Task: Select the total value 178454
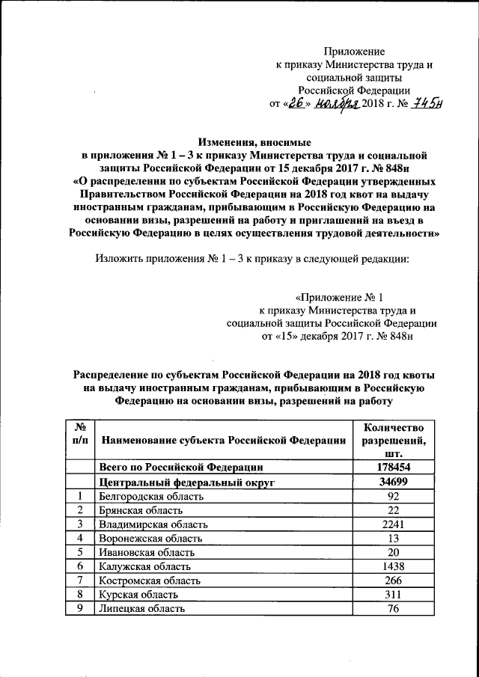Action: [394, 468]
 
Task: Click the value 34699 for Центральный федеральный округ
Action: [394, 483]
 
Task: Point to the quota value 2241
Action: [394, 524]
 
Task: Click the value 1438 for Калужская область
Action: [394, 566]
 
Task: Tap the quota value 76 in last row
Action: [394, 608]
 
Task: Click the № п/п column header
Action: [81, 433]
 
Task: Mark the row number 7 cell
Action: [81, 580]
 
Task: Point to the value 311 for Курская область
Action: [394, 594]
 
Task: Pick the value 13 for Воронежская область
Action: [394, 539]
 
